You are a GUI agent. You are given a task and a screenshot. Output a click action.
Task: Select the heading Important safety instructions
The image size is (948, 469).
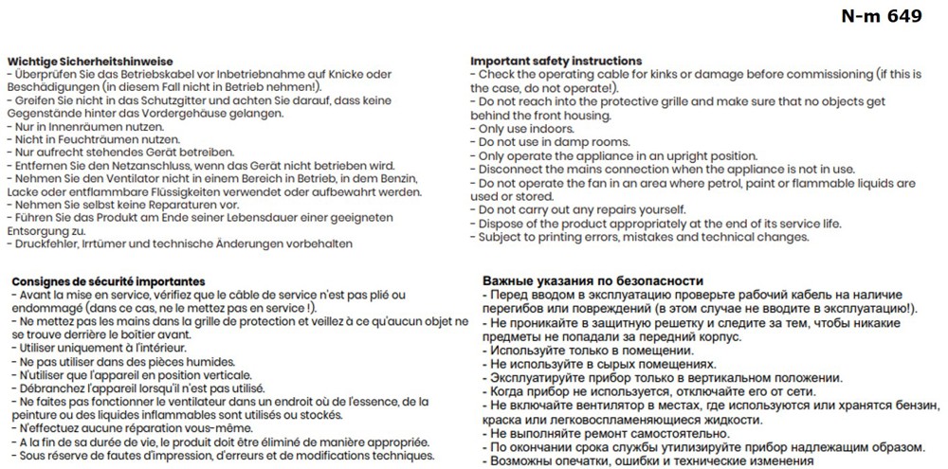click(x=556, y=61)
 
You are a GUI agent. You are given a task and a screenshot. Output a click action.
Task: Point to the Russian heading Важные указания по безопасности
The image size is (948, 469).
click(x=592, y=281)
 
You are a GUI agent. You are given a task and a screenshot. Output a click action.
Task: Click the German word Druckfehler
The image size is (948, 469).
click(x=43, y=244)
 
